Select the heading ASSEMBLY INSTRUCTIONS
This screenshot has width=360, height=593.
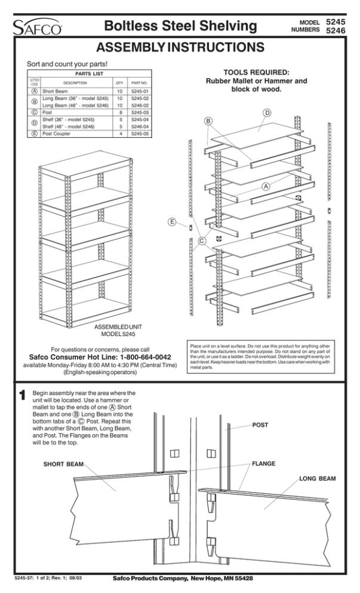[179, 48]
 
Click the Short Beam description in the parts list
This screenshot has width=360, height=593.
[57, 90]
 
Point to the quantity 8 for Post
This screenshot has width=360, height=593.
[119, 111]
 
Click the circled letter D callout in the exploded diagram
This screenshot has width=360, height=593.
[267, 113]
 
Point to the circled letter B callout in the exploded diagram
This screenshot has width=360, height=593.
[208, 121]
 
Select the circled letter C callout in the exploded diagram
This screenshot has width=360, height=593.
[202, 241]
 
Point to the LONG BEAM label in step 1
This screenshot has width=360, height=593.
[317, 478]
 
